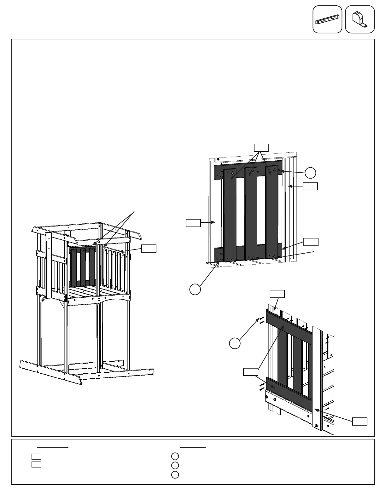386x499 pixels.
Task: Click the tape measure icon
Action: tap(360, 19)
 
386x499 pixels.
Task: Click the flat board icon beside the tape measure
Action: tap(327, 19)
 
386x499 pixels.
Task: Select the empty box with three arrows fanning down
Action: tap(261, 147)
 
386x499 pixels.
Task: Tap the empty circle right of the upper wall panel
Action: tap(310, 173)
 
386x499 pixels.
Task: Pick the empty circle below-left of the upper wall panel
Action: tap(195, 289)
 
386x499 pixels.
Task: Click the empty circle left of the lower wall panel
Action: tap(234, 343)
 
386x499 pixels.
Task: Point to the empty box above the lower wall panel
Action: tap(277, 294)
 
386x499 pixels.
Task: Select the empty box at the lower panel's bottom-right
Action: tap(360, 422)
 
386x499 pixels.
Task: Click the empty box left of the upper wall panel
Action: tap(193, 223)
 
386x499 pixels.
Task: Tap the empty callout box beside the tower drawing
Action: tap(149, 248)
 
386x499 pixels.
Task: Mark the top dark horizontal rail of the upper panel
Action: tap(248, 166)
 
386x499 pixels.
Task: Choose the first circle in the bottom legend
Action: tap(175, 456)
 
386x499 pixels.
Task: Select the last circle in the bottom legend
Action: tap(175, 475)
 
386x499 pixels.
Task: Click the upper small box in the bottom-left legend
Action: tap(36, 456)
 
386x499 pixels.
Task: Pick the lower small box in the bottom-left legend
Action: tap(36, 464)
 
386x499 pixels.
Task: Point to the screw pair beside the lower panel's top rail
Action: tap(261, 320)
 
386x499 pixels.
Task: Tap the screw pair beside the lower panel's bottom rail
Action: tap(261, 387)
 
